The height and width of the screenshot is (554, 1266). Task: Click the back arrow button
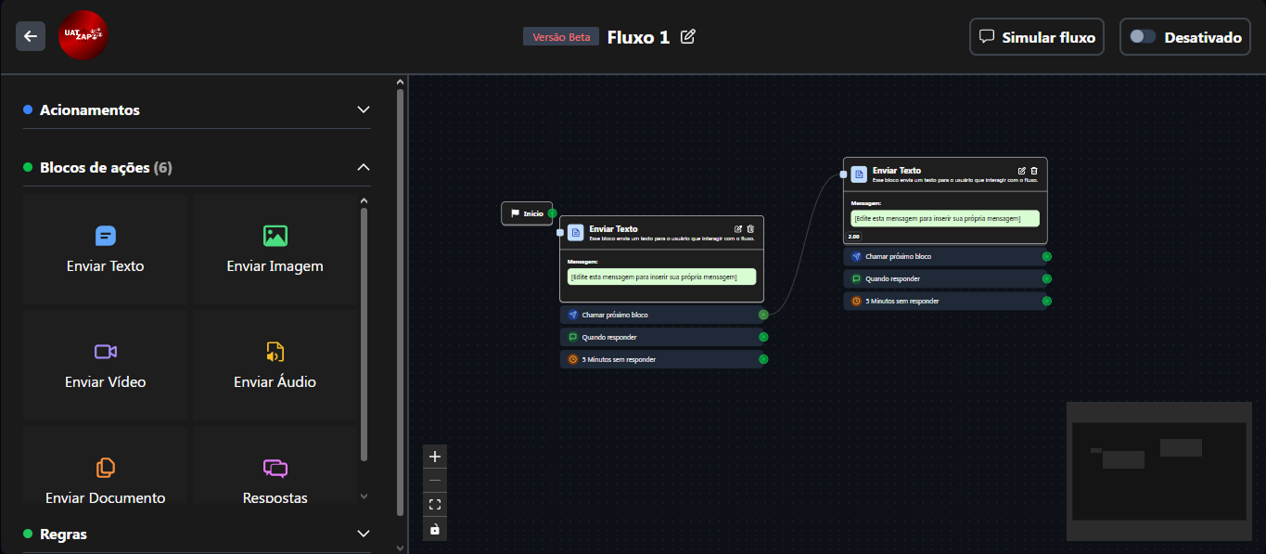click(31, 36)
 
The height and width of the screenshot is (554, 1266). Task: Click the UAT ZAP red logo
click(83, 36)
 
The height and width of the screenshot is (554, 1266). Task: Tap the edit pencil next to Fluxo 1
click(688, 36)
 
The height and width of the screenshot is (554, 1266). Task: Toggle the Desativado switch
click(1143, 37)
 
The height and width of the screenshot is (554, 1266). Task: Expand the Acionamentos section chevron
click(364, 110)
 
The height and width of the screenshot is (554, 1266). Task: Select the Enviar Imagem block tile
click(275, 249)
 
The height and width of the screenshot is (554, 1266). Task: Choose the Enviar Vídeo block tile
click(106, 365)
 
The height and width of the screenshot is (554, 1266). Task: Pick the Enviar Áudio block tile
click(275, 365)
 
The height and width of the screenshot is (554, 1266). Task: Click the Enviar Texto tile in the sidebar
click(106, 249)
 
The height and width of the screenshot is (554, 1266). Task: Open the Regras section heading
click(64, 534)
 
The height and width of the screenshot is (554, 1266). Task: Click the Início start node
click(527, 213)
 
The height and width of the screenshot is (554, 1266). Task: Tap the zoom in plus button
click(435, 457)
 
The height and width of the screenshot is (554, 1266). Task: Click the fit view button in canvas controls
click(435, 505)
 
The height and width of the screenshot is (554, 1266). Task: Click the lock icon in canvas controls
click(435, 529)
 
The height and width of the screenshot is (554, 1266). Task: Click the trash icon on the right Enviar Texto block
click(1034, 171)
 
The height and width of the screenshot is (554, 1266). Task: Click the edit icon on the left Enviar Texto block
click(738, 229)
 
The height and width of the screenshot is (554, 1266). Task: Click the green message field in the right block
click(944, 218)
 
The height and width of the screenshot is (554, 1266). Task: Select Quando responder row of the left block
click(660, 337)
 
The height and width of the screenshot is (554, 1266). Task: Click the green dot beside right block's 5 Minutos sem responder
click(1046, 301)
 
